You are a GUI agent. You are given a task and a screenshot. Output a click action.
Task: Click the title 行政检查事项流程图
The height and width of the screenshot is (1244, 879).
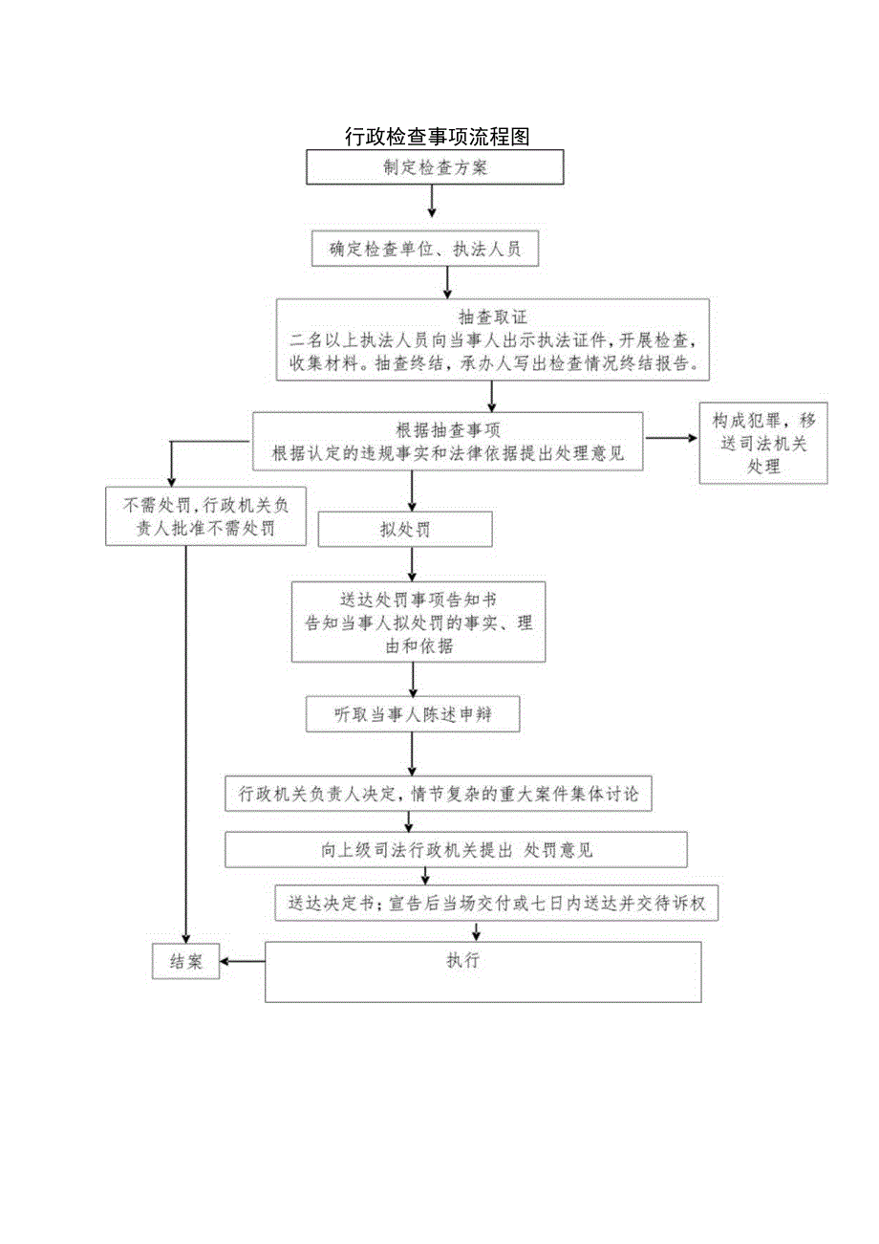[438, 137]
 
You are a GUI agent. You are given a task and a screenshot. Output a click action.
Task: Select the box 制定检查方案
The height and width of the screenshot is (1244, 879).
[435, 167]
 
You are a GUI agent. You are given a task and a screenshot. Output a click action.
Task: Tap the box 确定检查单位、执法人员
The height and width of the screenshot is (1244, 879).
[426, 249]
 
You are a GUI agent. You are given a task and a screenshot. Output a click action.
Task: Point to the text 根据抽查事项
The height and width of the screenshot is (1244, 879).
[448, 428]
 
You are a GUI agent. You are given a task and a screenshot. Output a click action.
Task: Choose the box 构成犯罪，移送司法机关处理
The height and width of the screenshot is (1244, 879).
[762, 444]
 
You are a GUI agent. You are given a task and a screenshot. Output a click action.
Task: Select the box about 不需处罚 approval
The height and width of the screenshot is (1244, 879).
[205, 516]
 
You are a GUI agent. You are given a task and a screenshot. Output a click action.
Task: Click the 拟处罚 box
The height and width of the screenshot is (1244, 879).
[405, 530]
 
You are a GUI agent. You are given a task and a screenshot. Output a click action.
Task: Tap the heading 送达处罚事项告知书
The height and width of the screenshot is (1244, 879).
[418, 600]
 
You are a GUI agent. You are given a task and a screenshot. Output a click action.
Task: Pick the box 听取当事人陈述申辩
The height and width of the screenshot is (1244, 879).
[413, 714]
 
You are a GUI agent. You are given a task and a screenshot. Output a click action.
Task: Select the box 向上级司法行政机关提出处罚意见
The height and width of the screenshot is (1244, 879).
[457, 850]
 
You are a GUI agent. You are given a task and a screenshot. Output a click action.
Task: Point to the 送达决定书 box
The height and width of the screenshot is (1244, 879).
[496, 903]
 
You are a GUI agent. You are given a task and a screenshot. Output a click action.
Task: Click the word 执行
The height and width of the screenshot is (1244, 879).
[462, 961]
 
